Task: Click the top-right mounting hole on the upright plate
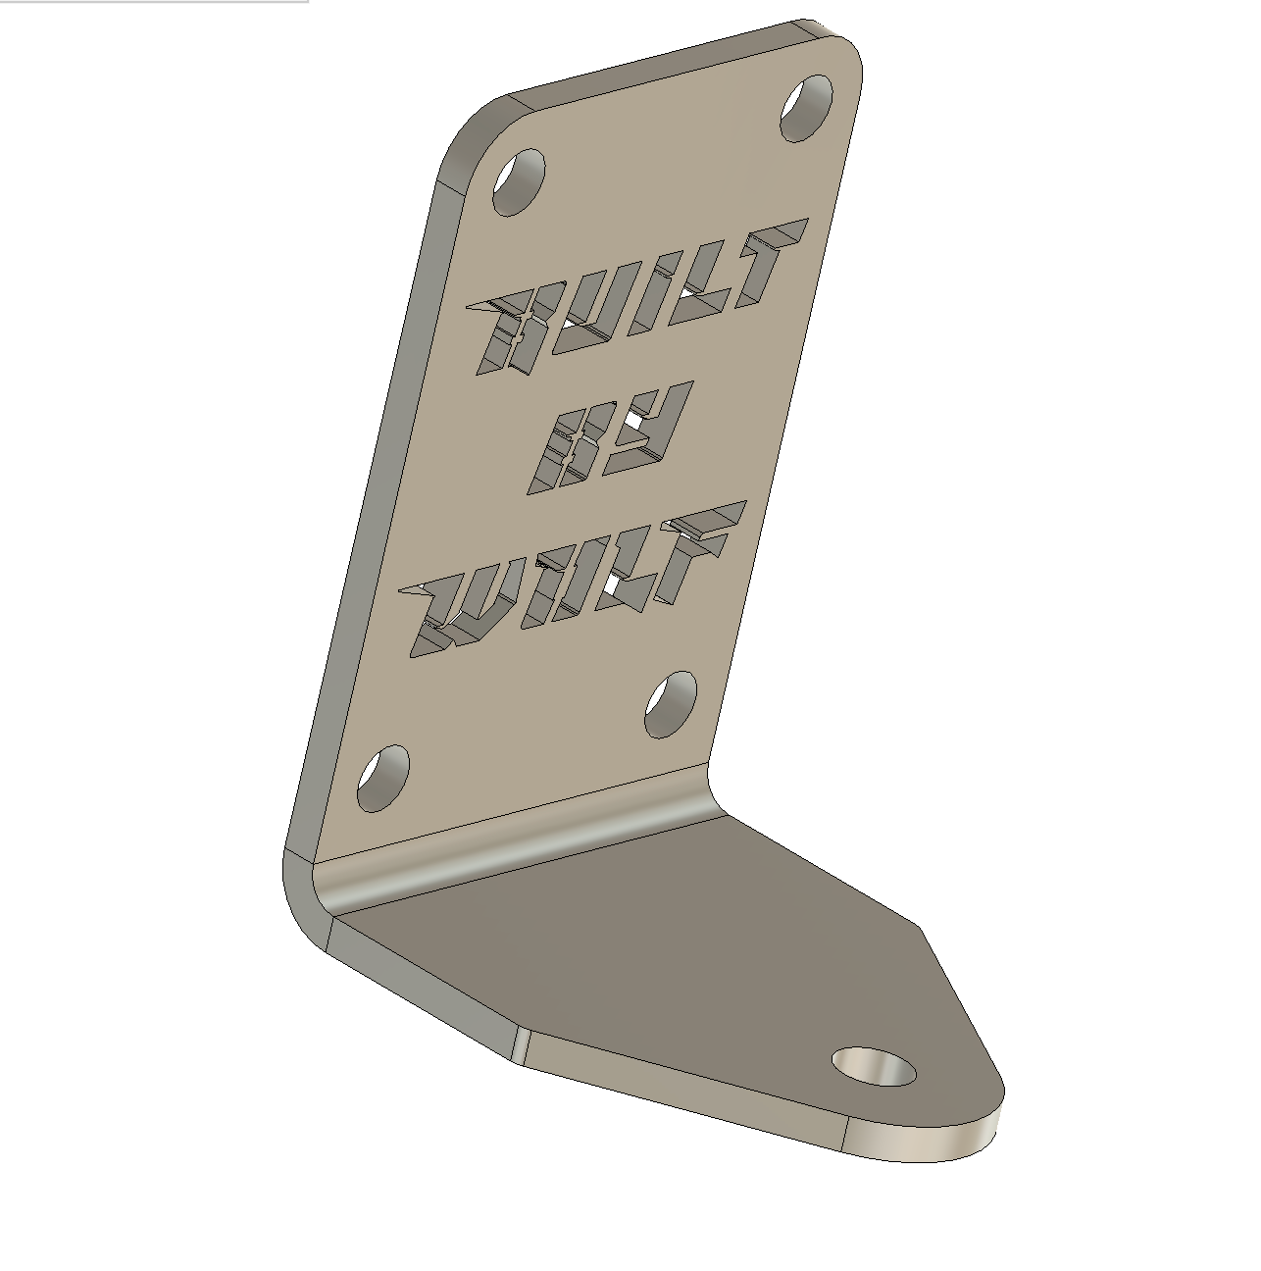tap(806, 107)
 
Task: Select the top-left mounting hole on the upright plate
tap(518, 181)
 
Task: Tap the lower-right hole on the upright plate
tap(671, 704)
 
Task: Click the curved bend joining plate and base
tap(520, 843)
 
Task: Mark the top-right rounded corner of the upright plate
tap(843, 49)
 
